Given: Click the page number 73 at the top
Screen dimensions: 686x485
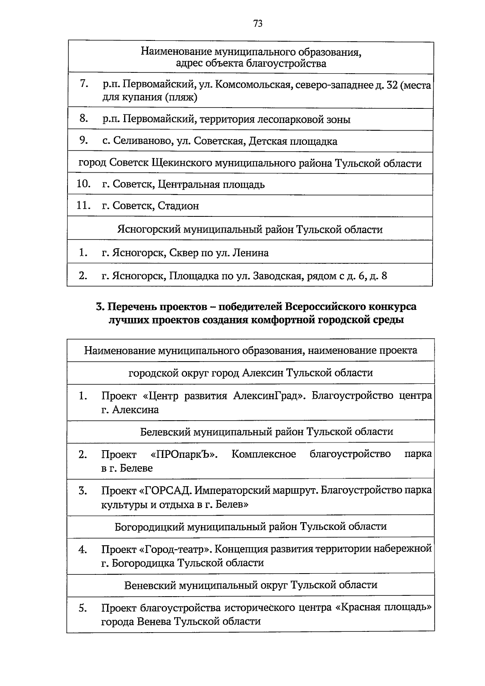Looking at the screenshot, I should coord(258,23).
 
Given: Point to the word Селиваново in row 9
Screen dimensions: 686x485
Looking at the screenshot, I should coord(138,141).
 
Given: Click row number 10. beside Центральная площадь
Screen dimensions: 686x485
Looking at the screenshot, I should coord(83,184).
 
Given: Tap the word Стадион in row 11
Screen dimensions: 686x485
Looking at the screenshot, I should coord(178,206).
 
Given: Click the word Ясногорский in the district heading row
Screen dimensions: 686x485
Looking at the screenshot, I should coord(149,230).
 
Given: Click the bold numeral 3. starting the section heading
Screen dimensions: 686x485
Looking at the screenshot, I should coord(100,307).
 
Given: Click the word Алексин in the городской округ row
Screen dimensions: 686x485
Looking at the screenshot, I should coord(262,373).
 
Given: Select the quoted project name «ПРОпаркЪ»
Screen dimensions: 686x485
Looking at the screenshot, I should coord(184,454).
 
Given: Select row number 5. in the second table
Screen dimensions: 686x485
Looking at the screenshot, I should coord(83,608).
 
